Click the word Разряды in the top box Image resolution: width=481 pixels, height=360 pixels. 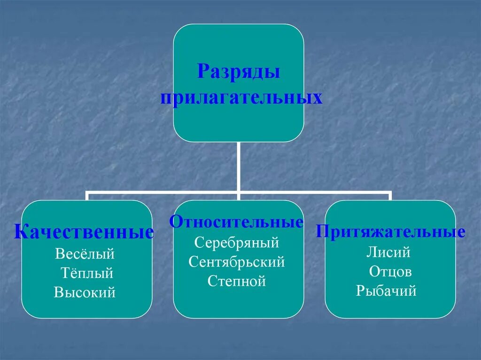click(239, 72)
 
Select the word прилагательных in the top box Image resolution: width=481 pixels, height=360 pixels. click(241, 98)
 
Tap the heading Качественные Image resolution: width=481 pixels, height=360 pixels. click(84, 232)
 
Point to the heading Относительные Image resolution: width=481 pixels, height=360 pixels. click(237, 222)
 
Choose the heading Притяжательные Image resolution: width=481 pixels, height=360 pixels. click(390, 231)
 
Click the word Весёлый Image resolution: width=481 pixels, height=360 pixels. click(85, 254)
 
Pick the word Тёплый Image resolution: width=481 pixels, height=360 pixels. click(87, 274)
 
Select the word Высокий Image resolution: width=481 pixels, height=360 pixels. click(85, 292)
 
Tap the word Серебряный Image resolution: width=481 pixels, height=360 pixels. click(237, 243)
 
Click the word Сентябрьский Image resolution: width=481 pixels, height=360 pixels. click(237, 262)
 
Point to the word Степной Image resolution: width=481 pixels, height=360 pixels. click(237, 281)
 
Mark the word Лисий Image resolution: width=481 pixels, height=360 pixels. click(388, 253)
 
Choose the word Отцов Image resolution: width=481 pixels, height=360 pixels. click(390, 272)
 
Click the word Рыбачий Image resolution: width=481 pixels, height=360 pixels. click(386, 291)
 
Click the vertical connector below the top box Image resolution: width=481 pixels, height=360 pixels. click(239, 167)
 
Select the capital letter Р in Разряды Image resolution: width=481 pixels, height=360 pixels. click(203, 72)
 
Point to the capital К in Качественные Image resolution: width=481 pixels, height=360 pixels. click(20, 232)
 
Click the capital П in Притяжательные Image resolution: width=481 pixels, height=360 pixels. click(322, 231)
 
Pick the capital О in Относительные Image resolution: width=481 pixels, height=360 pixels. click(176, 222)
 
